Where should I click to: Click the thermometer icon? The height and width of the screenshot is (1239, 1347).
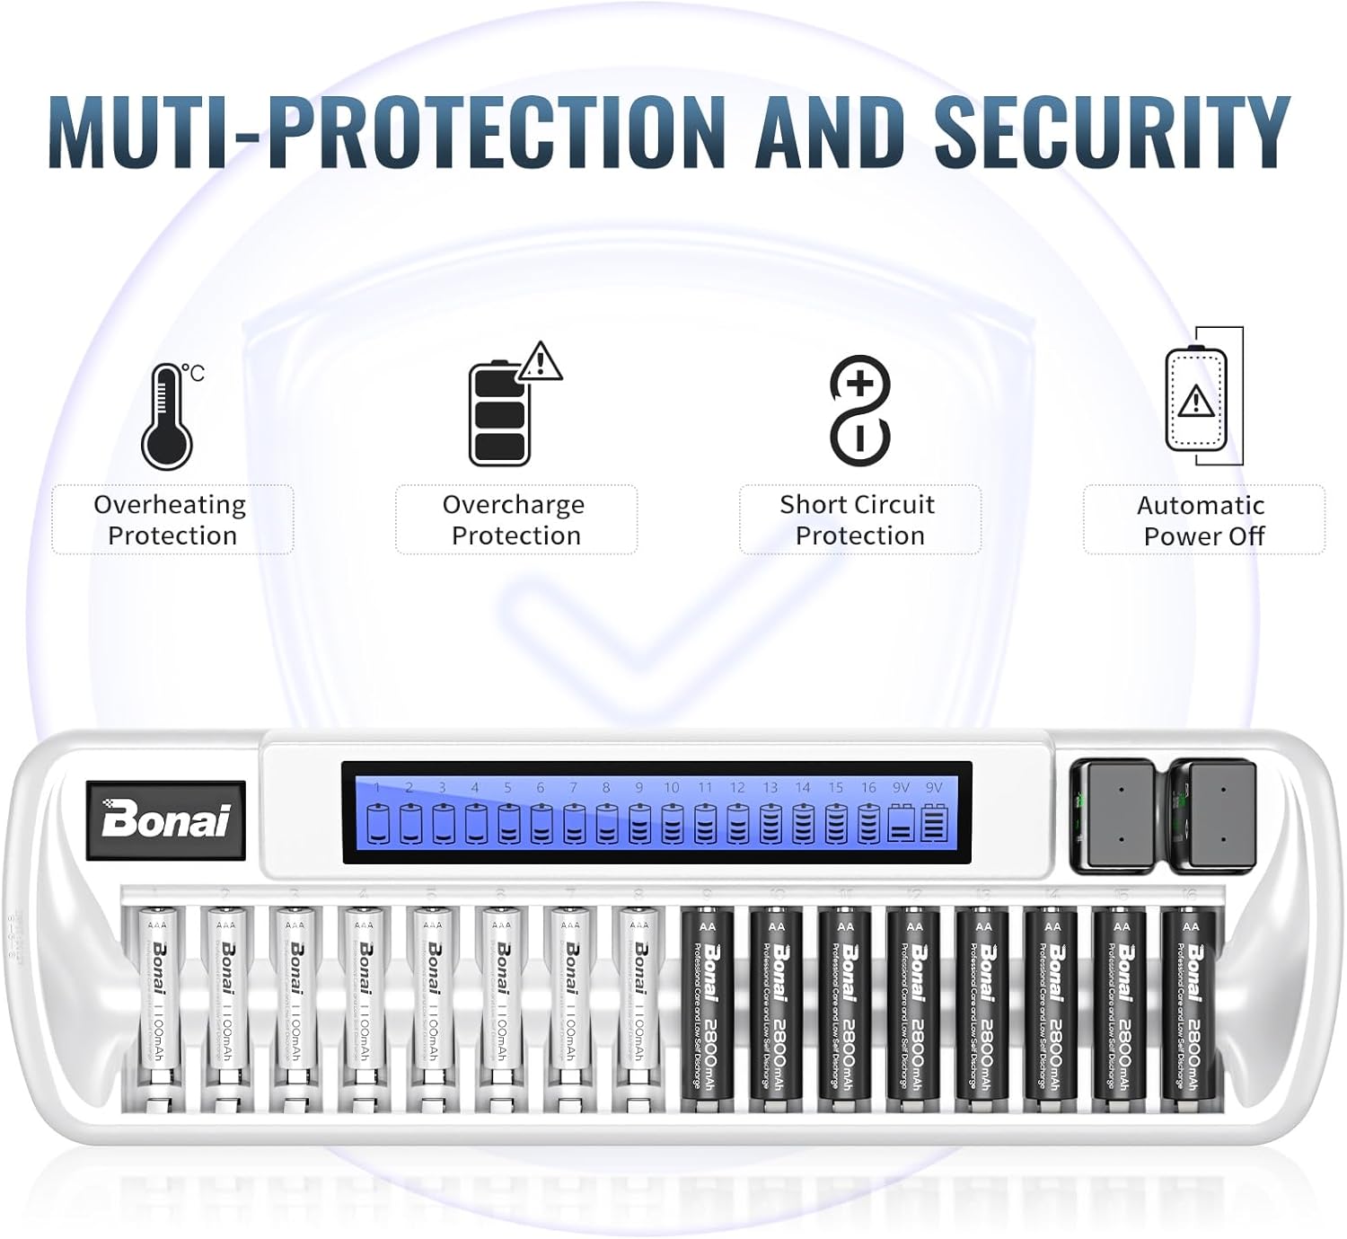(x=169, y=416)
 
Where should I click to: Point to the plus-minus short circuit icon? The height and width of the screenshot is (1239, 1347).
(x=859, y=411)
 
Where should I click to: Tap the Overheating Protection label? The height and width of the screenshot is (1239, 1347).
(x=172, y=520)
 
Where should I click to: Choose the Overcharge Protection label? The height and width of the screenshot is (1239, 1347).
(x=515, y=520)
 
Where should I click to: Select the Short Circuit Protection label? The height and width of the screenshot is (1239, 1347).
(x=859, y=520)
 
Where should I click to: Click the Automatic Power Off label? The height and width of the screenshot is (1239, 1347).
(x=1203, y=521)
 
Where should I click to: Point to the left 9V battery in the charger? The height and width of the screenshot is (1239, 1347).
(x=1115, y=815)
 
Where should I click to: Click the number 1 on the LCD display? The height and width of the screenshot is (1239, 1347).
(x=377, y=788)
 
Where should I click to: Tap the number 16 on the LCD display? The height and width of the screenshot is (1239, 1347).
(x=867, y=788)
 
